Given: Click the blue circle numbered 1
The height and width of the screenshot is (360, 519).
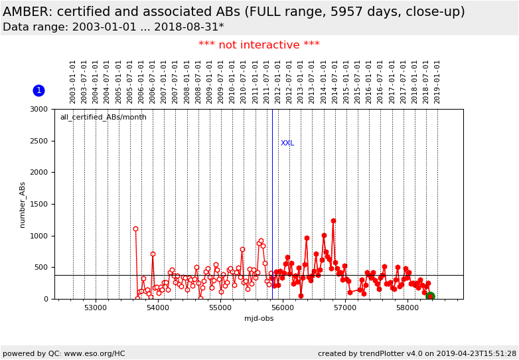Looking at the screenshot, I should pos(38,90).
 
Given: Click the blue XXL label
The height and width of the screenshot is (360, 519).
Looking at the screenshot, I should pos(287,143).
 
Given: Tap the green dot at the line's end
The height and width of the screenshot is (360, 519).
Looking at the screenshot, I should pos(430,296).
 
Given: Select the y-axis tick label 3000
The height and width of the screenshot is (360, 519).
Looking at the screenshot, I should pos(38,109).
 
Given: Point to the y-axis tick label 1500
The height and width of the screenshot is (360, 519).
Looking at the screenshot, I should pos(38,204).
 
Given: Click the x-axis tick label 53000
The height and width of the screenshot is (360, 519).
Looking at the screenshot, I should pos(96,308).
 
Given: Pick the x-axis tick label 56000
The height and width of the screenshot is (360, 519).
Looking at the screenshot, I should pos(282,308).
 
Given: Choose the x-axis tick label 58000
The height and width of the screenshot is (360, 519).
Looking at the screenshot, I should pos(407,308).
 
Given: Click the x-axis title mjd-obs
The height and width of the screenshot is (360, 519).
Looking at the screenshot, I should pos(259,319).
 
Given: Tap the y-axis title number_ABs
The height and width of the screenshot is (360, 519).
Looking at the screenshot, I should pos(23,205).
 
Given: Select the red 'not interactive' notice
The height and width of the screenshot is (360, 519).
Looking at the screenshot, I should pos(259,45).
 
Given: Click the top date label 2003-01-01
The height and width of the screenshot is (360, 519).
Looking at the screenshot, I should pos(73,81).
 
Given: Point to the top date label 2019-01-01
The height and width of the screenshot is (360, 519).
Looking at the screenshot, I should pos(437,81).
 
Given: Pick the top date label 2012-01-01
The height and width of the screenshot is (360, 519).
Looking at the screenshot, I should pos(277,81).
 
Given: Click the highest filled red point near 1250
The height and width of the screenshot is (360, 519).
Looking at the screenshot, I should pos(333,221).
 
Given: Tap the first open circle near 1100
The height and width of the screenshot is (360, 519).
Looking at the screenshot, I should pos(135,229).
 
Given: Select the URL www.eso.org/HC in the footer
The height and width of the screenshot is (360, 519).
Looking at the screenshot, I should pos(94,353).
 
